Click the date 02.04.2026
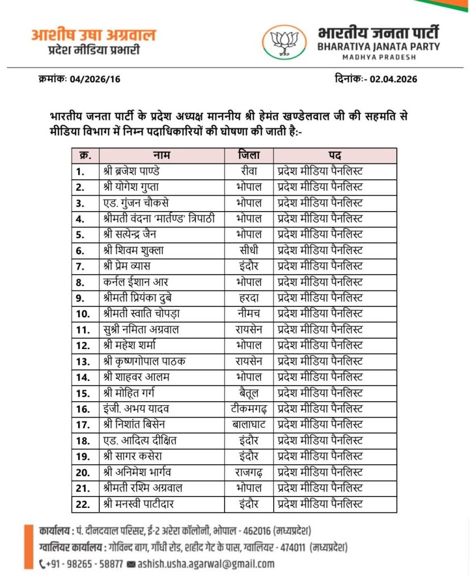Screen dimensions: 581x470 (393, 79)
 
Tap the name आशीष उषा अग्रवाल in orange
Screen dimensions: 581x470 (93, 35)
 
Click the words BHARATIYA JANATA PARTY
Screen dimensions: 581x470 (379, 47)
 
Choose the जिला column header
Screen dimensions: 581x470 (249, 155)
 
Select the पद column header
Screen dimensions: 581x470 (334, 155)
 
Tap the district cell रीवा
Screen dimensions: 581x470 (249, 171)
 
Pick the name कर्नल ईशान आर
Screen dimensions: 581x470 (136, 281)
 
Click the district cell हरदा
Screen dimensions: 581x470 (249, 297)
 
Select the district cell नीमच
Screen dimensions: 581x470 (249, 313)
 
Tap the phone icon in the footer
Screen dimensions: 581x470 (44, 564)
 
